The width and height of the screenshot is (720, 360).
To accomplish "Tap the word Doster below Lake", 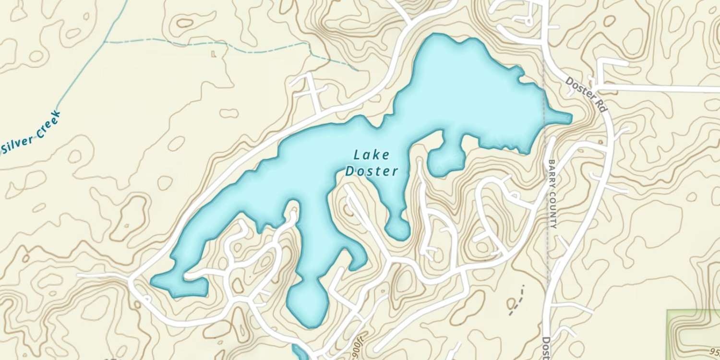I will point(372,171).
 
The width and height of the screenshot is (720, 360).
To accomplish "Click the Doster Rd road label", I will point(587,94).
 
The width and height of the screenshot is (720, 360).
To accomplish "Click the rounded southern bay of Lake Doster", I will point(305,305).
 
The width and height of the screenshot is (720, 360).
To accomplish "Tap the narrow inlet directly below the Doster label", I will point(397,226).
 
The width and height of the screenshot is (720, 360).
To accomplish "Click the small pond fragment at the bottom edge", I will point(300,353).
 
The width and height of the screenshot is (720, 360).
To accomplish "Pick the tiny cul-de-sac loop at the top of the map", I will point(527,20).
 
